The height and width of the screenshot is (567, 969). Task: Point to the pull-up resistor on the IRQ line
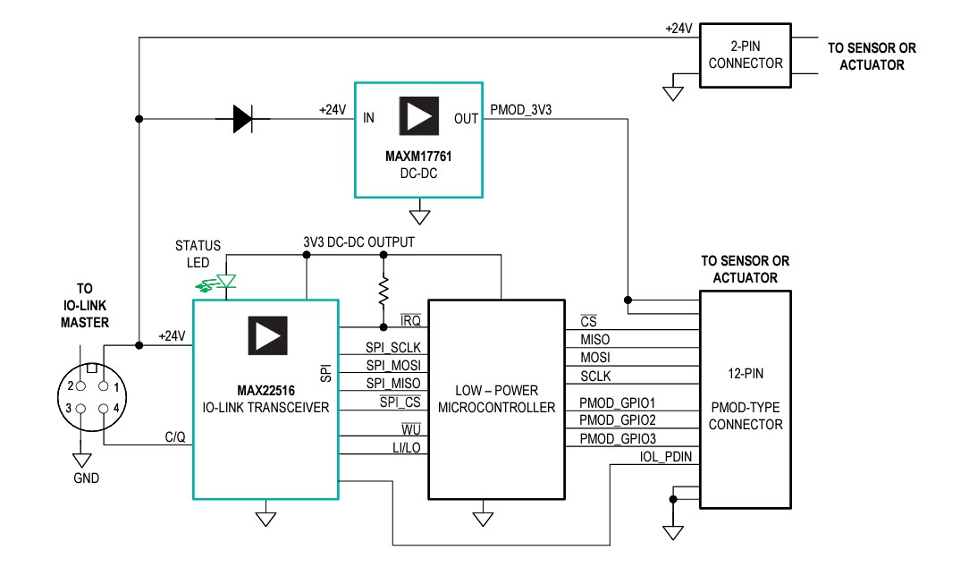pos(383,290)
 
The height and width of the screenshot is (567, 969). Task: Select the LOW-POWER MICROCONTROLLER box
pos(496,399)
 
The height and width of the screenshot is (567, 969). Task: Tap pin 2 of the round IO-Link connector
pos(79,387)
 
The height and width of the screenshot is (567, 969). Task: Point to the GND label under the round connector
pos(87,478)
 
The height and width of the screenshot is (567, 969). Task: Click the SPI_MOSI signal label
pos(392,366)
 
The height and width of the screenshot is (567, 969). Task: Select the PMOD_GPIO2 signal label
pos(616,419)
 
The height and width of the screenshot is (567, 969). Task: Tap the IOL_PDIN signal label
pos(666,457)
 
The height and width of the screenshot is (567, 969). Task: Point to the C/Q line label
pos(175,436)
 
